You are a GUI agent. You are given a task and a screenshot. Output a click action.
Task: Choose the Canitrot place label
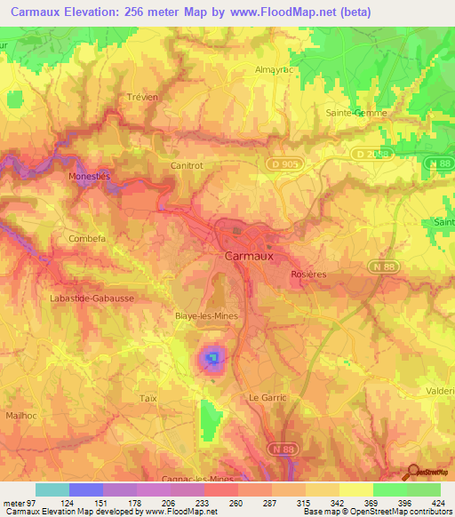point(188,165)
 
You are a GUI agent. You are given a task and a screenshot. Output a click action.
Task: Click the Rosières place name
point(309,274)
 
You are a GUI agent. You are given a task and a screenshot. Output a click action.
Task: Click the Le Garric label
point(267,397)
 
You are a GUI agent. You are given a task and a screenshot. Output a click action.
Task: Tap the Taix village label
point(148,399)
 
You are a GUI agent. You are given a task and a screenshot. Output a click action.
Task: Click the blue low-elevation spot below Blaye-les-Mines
point(212,359)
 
